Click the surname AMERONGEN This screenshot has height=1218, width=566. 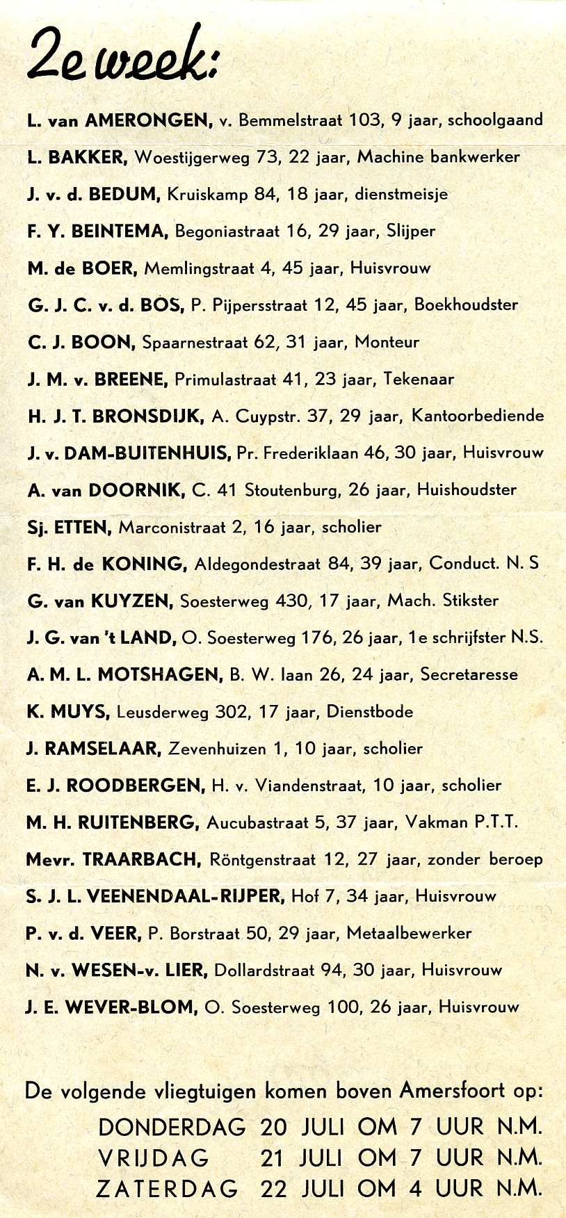[x=149, y=120]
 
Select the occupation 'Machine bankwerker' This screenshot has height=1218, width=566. [x=438, y=157]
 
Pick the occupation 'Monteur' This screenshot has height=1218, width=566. [x=387, y=342]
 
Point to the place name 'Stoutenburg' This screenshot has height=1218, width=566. [x=292, y=490]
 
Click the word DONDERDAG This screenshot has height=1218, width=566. [x=172, y=1127]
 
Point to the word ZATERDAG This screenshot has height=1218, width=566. [x=167, y=1189]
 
